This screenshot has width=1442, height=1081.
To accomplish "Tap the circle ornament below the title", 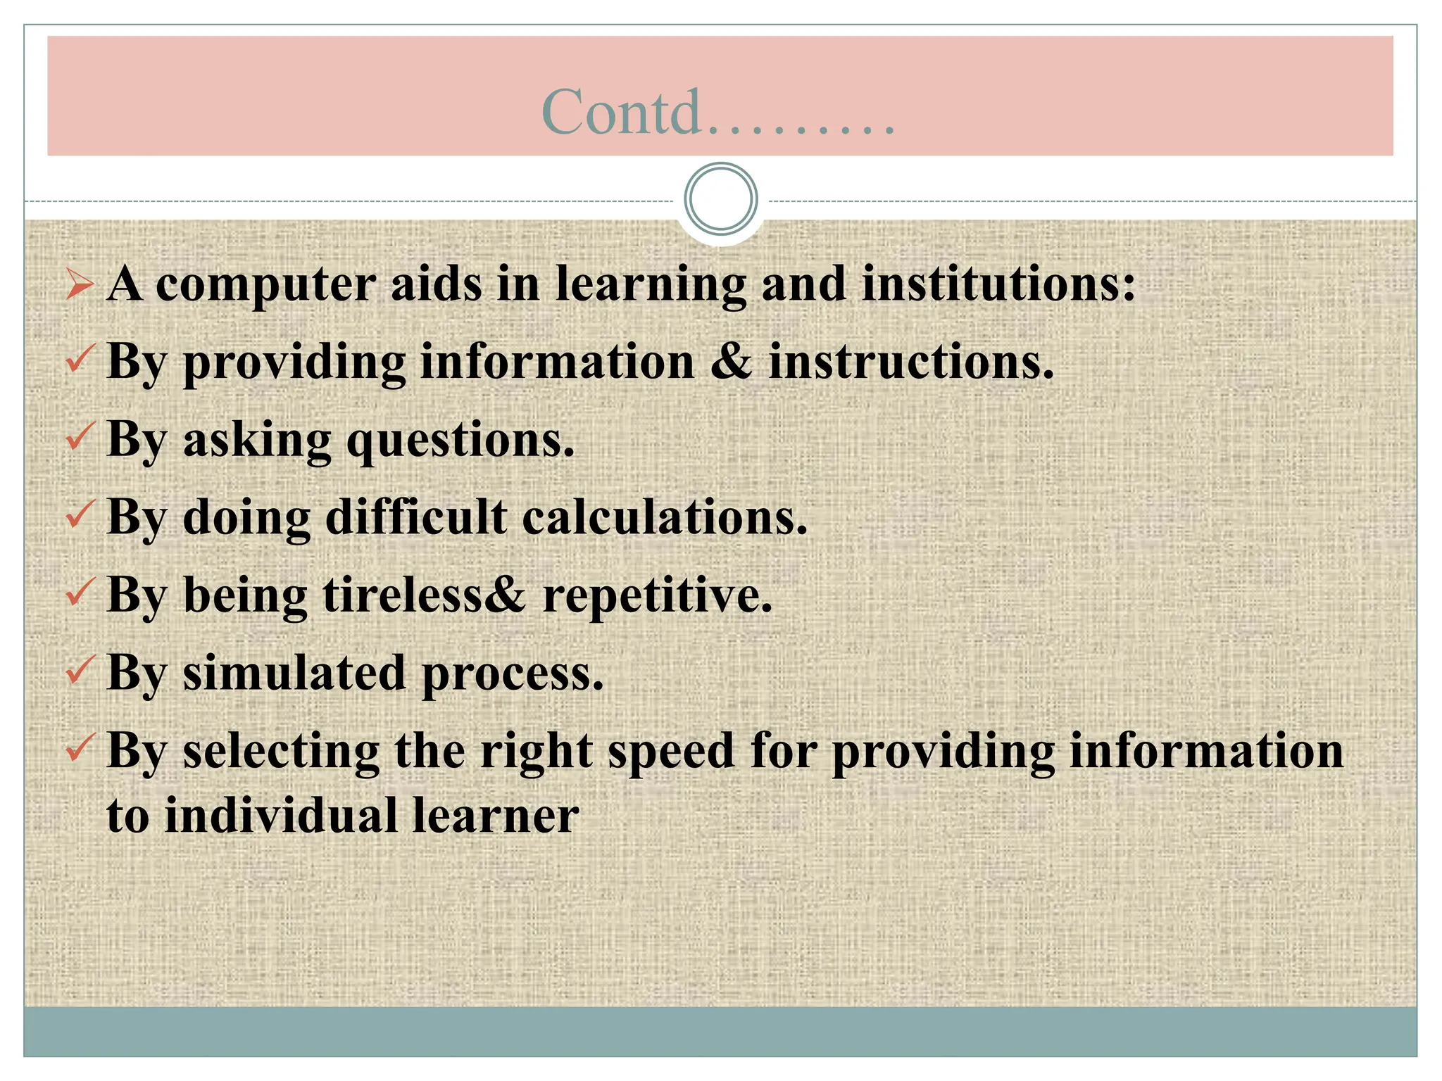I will point(720,198).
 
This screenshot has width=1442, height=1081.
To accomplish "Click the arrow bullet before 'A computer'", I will point(80,285).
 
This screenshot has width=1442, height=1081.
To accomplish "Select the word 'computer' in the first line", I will point(265,286).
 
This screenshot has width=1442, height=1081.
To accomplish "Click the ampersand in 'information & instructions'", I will point(732,362).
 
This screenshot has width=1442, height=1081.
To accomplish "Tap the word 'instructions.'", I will point(911,362).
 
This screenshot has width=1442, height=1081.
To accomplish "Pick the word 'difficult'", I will point(415,517).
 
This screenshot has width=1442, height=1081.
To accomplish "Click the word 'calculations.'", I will point(665,517).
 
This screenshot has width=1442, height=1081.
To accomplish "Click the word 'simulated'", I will point(294,673).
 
